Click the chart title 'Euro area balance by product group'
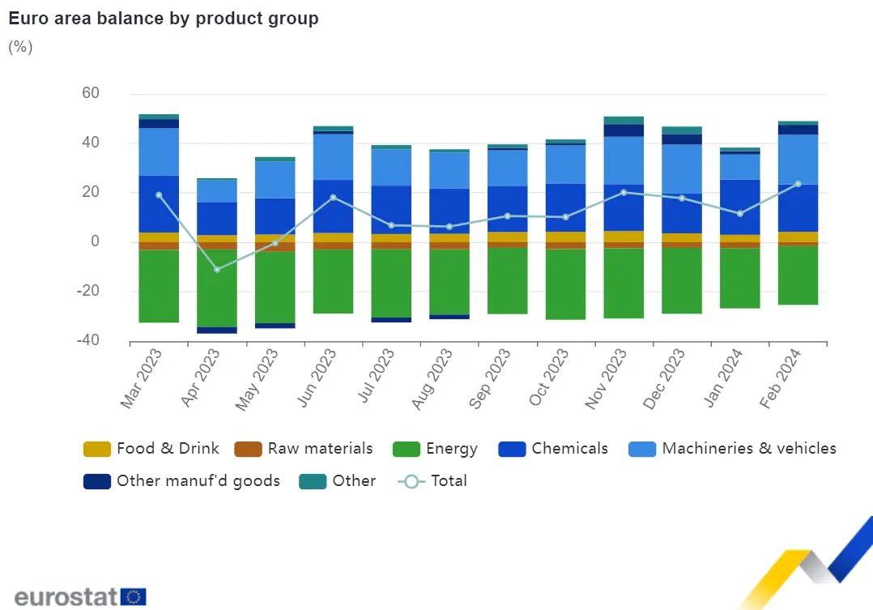coord(163,19)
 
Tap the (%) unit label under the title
coord(20,46)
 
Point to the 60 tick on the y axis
coord(90,94)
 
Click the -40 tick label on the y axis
coord(87,341)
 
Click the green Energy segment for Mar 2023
coord(159,286)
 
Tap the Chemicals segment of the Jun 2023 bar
coord(333,206)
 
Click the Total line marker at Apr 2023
coord(217,269)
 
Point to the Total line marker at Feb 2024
coord(798,184)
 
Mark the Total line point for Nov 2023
coord(624,192)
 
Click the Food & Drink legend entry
coord(152,449)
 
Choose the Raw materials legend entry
coord(304,449)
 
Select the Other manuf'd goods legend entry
coord(182,481)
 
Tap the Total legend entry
coord(433,481)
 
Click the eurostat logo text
coord(66,598)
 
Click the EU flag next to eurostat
coord(134,598)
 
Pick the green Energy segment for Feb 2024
coord(798,275)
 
